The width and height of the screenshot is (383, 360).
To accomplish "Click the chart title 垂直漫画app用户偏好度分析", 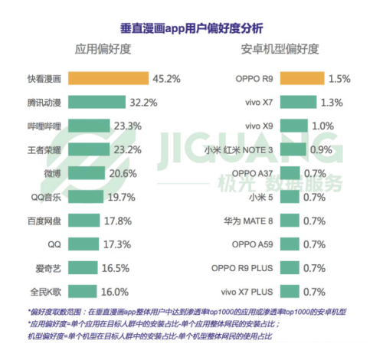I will pos(191,28).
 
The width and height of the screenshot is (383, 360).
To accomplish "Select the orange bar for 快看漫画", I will pos(107,78).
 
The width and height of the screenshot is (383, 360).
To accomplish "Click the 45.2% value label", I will pos(165,78).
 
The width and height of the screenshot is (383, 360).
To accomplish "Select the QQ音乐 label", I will pos(43,197).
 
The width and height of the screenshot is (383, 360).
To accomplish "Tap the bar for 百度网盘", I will pos(84,221).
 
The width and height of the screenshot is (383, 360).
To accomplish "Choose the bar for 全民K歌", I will pos(82,292).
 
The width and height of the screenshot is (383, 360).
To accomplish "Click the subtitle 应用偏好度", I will pos(103,51).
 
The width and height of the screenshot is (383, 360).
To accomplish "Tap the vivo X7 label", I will pos(261,101).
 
